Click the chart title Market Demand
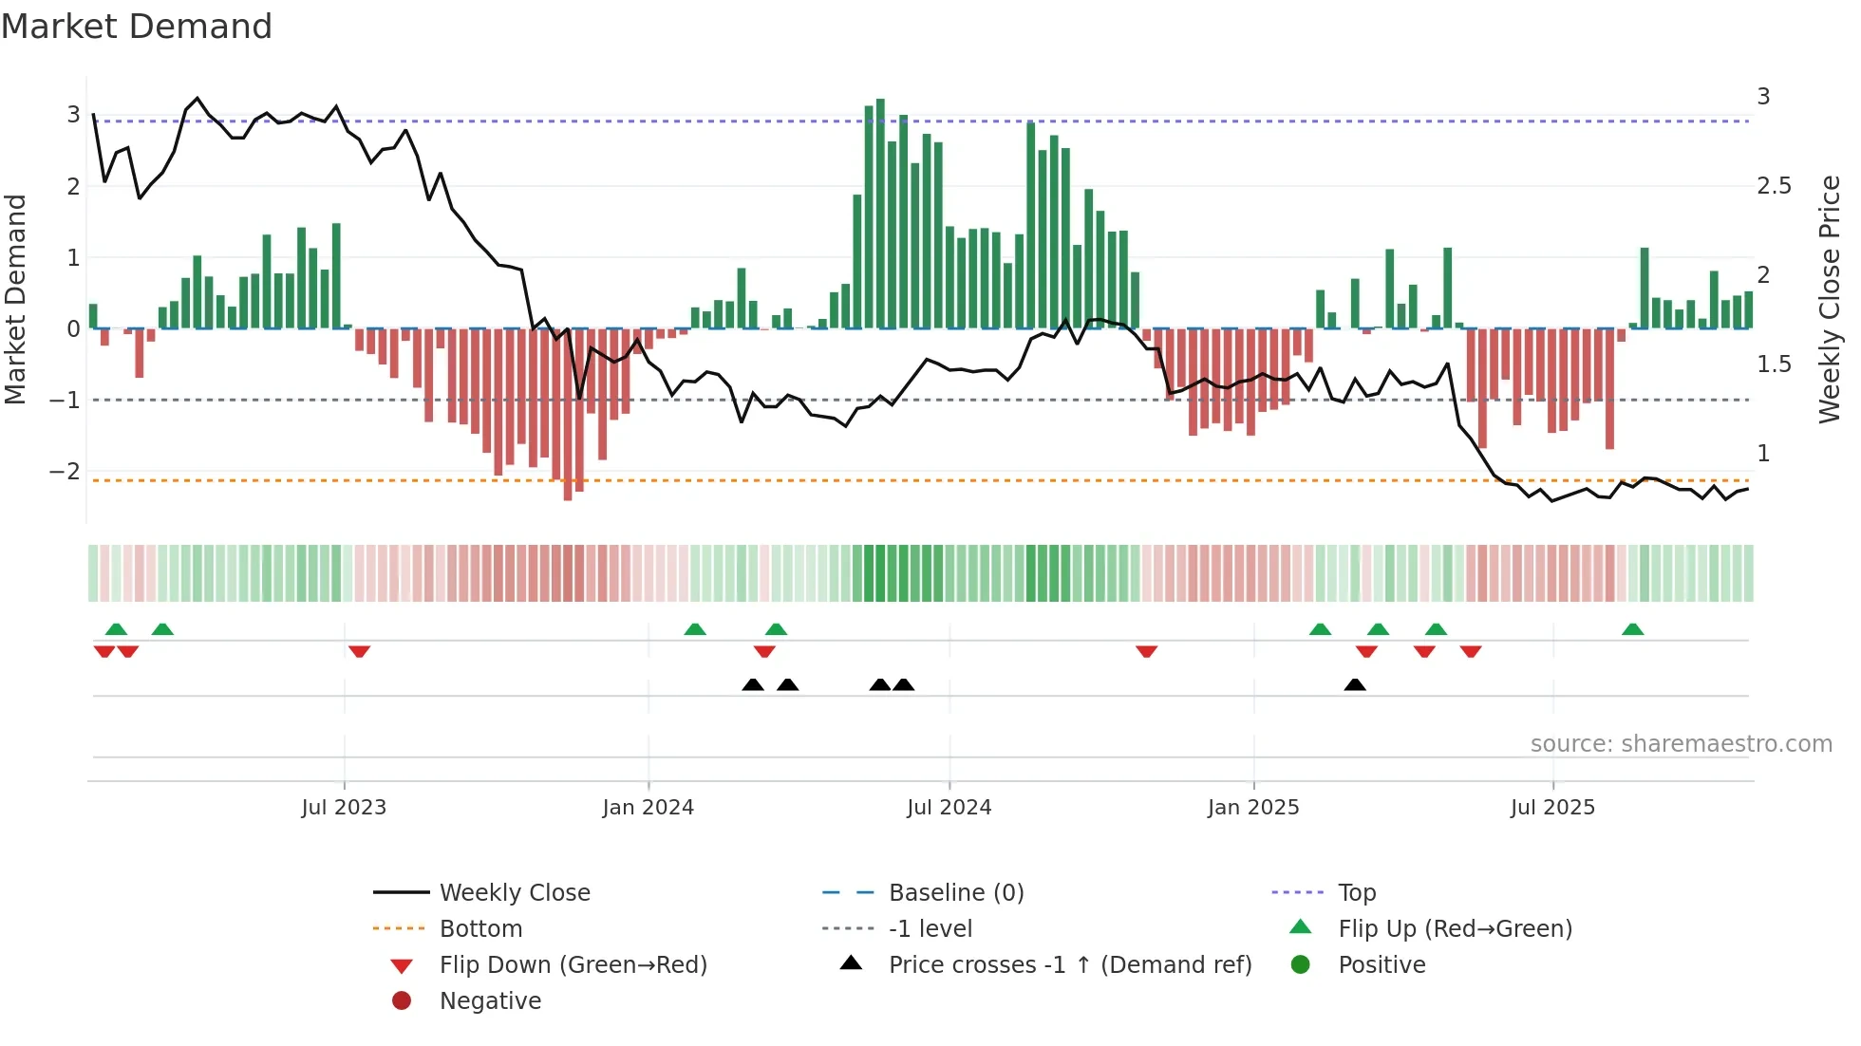coord(137,27)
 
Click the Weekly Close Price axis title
coord(1829,299)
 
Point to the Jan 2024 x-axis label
coord(648,808)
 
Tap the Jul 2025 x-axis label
coord(1552,808)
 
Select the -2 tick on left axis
coord(66,472)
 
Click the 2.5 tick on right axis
coord(1774,186)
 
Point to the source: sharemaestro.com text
coord(1681,744)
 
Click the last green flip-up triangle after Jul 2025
coord(1632,629)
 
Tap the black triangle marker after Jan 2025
coord(1355,684)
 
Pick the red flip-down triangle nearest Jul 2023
coord(359,651)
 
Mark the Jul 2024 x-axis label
coord(949,808)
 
